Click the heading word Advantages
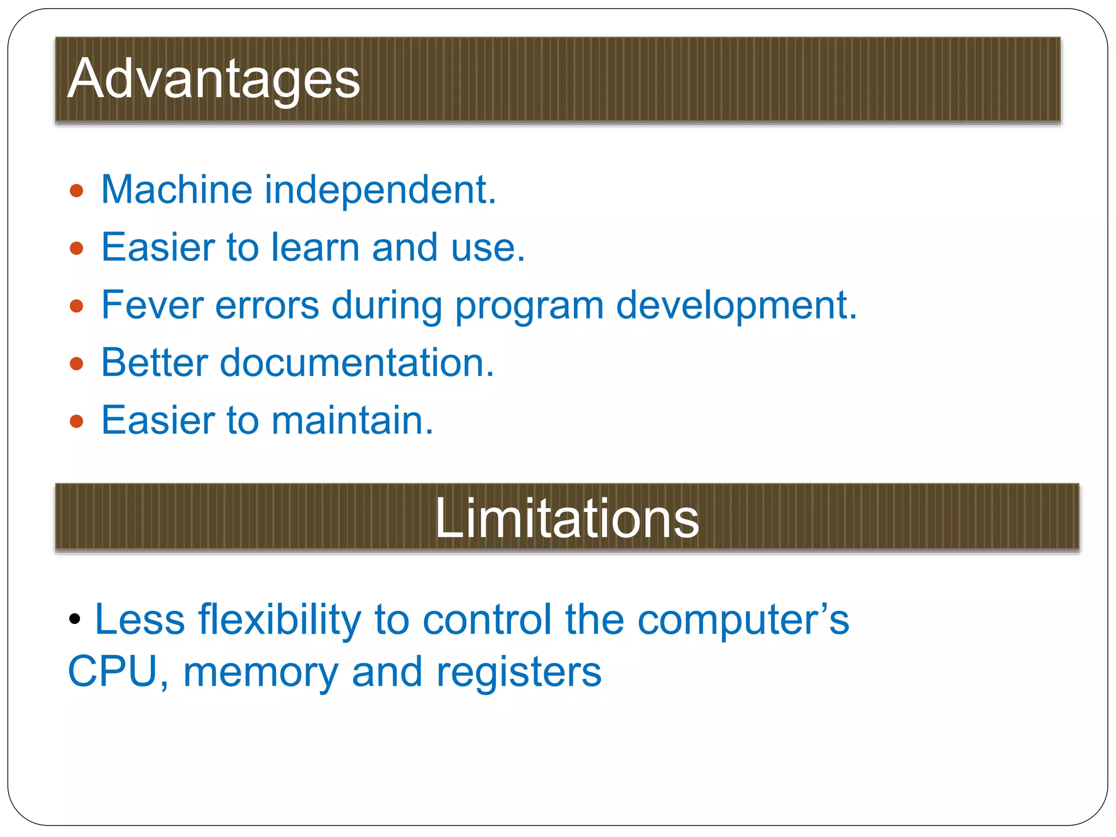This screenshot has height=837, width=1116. pyautogui.click(x=214, y=80)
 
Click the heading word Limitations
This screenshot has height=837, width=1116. pyautogui.click(x=567, y=519)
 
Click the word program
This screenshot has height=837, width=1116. pyautogui.click(x=529, y=306)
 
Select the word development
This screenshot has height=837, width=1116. pyautogui.click(x=736, y=306)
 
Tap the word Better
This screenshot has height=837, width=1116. pyautogui.click(x=154, y=362)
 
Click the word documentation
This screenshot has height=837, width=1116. pyautogui.click(x=357, y=362)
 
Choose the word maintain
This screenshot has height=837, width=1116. pyautogui.click(x=352, y=420)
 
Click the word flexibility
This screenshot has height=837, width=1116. pyautogui.click(x=280, y=620)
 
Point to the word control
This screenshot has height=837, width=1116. pyautogui.click(x=487, y=620)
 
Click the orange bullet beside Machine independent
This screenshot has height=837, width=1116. pyautogui.click(x=77, y=191)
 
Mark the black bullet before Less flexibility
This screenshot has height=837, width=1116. pyautogui.click(x=75, y=618)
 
